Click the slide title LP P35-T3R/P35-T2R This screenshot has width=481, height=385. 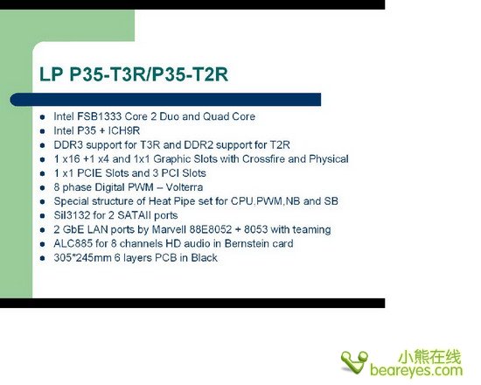pyautogui.click(x=134, y=74)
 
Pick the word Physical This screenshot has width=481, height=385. pyautogui.click(x=329, y=159)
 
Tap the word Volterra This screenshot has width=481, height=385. pyautogui.click(x=185, y=187)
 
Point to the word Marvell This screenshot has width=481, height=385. pyautogui.click(x=169, y=229)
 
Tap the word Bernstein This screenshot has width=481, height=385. pyautogui.click(x=244, y=243)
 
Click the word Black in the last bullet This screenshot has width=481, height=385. pyautogui.click(x=205, y=257)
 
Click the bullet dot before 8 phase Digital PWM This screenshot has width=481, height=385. pyautogui.click(x=42, y=187)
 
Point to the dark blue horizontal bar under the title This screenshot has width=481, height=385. pyautogui.click(x=165, y=100)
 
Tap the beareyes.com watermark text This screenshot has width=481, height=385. pyautogui.click(x=416, y=370)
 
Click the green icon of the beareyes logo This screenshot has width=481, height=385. pyautogui.click(x=354, y=362)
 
